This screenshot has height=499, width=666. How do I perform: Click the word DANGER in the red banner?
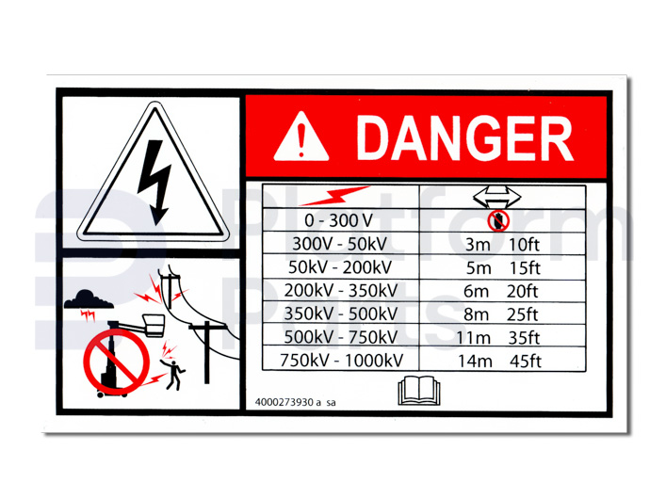coord(465,137)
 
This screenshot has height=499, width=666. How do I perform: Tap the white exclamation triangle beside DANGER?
coord(301,137)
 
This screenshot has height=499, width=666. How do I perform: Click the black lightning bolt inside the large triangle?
coord(154,183)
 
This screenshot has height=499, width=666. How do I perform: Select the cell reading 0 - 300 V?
coord(338,221)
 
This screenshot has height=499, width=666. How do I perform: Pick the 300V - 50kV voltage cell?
coord(340,244)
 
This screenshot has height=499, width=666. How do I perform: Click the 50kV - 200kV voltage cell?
coord(340,267)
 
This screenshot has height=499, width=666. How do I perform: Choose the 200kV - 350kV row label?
coord(341,291)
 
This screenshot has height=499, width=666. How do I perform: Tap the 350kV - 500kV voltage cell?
coord(341,314)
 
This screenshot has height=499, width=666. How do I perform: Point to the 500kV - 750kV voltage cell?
coord(341,337)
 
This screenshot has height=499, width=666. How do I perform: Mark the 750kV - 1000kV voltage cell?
coord(341,361)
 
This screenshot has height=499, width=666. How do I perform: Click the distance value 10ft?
coord(524,245)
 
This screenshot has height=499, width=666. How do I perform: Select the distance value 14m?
coord(475,362)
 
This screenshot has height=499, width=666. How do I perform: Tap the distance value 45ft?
coord(526,362)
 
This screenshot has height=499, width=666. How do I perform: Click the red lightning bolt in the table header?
coord(334,196)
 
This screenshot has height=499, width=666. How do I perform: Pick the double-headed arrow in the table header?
coord(497,197)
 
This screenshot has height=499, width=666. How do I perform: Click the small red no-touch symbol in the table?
coord(497,221)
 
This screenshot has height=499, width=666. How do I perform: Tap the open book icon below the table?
coord(419,391)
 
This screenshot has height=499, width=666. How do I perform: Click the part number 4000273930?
coord(284,402)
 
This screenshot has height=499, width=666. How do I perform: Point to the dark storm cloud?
coord(89,299)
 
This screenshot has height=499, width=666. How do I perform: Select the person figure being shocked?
coord(173,375)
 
